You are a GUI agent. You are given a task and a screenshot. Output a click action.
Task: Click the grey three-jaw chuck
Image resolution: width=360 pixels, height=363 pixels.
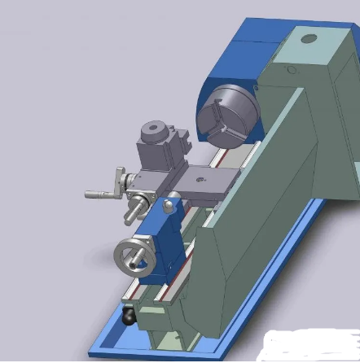227,120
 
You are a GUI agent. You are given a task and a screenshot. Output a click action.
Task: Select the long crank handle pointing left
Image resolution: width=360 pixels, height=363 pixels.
103,194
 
